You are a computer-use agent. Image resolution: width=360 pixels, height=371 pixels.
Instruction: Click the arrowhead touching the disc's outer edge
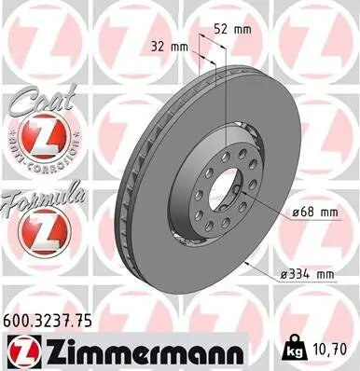243,261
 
